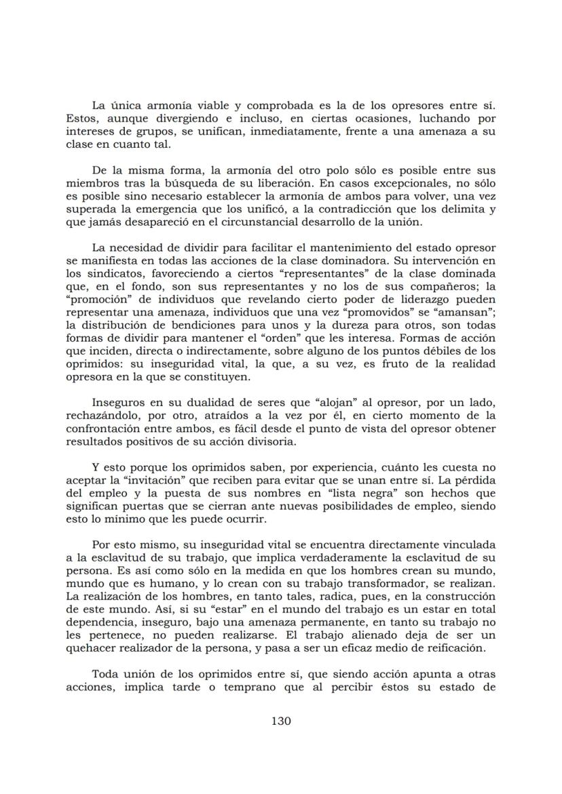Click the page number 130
tap(281, 721)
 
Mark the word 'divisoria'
tap(272, 441)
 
